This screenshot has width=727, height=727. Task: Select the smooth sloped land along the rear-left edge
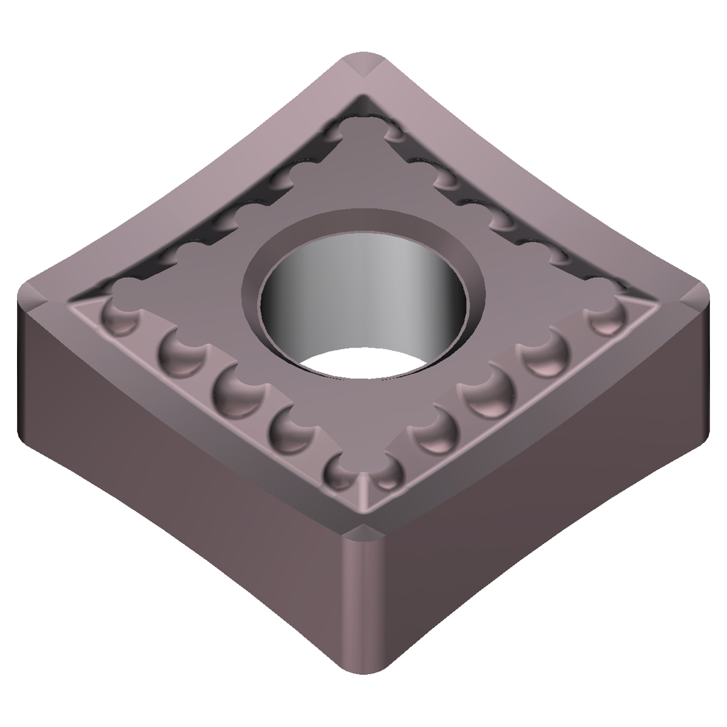point(187,187)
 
